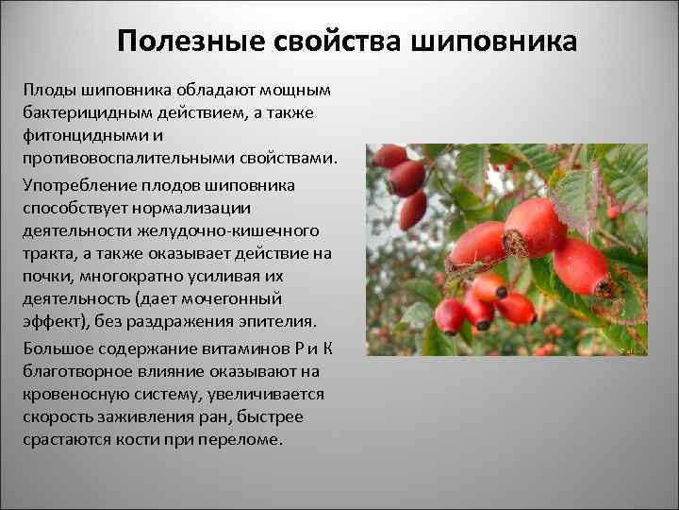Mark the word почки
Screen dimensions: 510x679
point(48,277)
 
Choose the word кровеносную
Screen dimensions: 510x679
point(84,395)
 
